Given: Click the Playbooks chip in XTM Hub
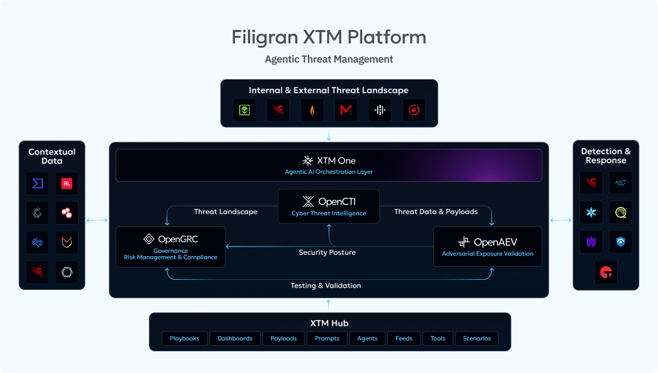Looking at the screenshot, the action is click(x=184, y=338).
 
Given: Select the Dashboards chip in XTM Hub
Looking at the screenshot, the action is click(x=235, y=338).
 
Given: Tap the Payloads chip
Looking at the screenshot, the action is click(x=284, y=338).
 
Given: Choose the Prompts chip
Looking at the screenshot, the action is click(x=327, y=338).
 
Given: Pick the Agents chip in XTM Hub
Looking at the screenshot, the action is click(x=367, y=338).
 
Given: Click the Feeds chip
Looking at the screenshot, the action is click(x=404, y=338).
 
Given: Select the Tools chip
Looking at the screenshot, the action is click(x=438, y=338).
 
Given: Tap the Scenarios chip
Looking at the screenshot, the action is click(x=477, y=338).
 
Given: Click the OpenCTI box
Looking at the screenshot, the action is click(x=329, y=206).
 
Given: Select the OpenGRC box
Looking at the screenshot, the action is click(x=171, y=247).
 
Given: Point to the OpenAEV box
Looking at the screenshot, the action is click(x=487, y=247).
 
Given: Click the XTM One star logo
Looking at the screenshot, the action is click(x=307, y=161).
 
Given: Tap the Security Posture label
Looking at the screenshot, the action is click(x=327, y=252).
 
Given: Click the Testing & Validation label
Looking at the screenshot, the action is click(x=326, y=285).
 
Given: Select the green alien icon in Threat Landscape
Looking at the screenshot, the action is click(x=245, y=110).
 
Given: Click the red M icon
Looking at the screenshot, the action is click(x=346, y=110).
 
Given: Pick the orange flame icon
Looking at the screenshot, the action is click(x=312, y=110).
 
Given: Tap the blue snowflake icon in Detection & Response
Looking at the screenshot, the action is click(x=592, y=212).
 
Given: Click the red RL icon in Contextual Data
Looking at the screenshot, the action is click(x=66, y=183).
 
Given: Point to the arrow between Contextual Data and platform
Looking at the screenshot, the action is click(x=97, y=220).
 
